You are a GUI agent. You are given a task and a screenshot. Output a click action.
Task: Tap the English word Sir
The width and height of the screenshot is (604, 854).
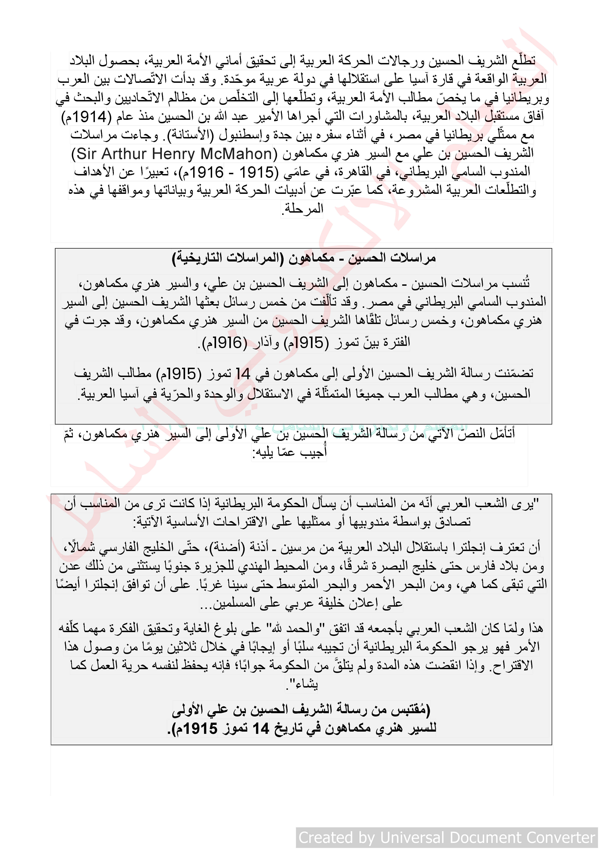pos(85,154)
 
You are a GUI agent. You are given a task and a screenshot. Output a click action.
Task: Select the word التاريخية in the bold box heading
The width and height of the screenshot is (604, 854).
pos(197,258)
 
